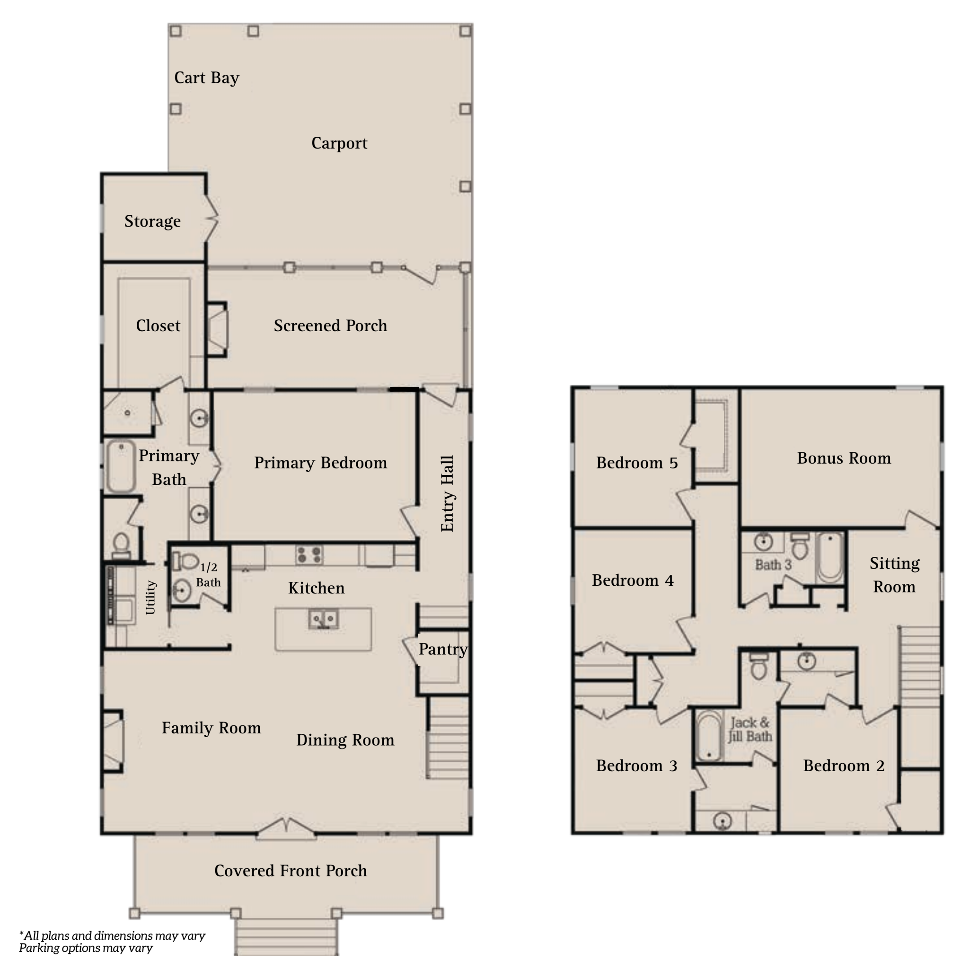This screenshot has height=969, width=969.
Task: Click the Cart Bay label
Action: pyautogui.click(x=207, y=78)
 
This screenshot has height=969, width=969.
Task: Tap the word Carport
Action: pyautogui.click(x=339, y=143)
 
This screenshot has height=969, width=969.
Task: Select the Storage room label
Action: pyautogui.click(x=152, y=221)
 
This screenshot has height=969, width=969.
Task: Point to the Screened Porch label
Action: pyautogui.click(x=330, y=326)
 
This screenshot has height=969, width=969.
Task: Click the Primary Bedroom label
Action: pyautogui.click(x=320, y=462)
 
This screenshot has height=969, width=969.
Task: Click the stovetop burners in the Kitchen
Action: pyautogui.click(x=309, y=555)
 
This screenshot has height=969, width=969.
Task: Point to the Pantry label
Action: pyautogui.click(x=443, y=650)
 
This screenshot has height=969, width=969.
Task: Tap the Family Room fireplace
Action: pyautogui.click(x=113, y=741)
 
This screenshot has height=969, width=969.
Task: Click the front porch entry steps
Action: pyautogui.click(x=286, y=936)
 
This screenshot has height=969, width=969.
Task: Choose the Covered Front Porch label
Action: pyautogui.click(x=291, y=871)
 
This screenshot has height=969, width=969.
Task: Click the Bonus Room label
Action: pyautogui.click(x=844, y=458)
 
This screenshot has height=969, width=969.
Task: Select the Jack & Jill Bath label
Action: pyautogui.click(x=750, y=729)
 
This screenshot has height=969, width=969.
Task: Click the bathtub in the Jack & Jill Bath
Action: pyautogui.click(x=709, y=737)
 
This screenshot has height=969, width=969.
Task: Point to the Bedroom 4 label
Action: pyautogui.click(x=633, y=580)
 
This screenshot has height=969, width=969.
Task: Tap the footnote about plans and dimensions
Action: pyautogui.click(x=112, y=942)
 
